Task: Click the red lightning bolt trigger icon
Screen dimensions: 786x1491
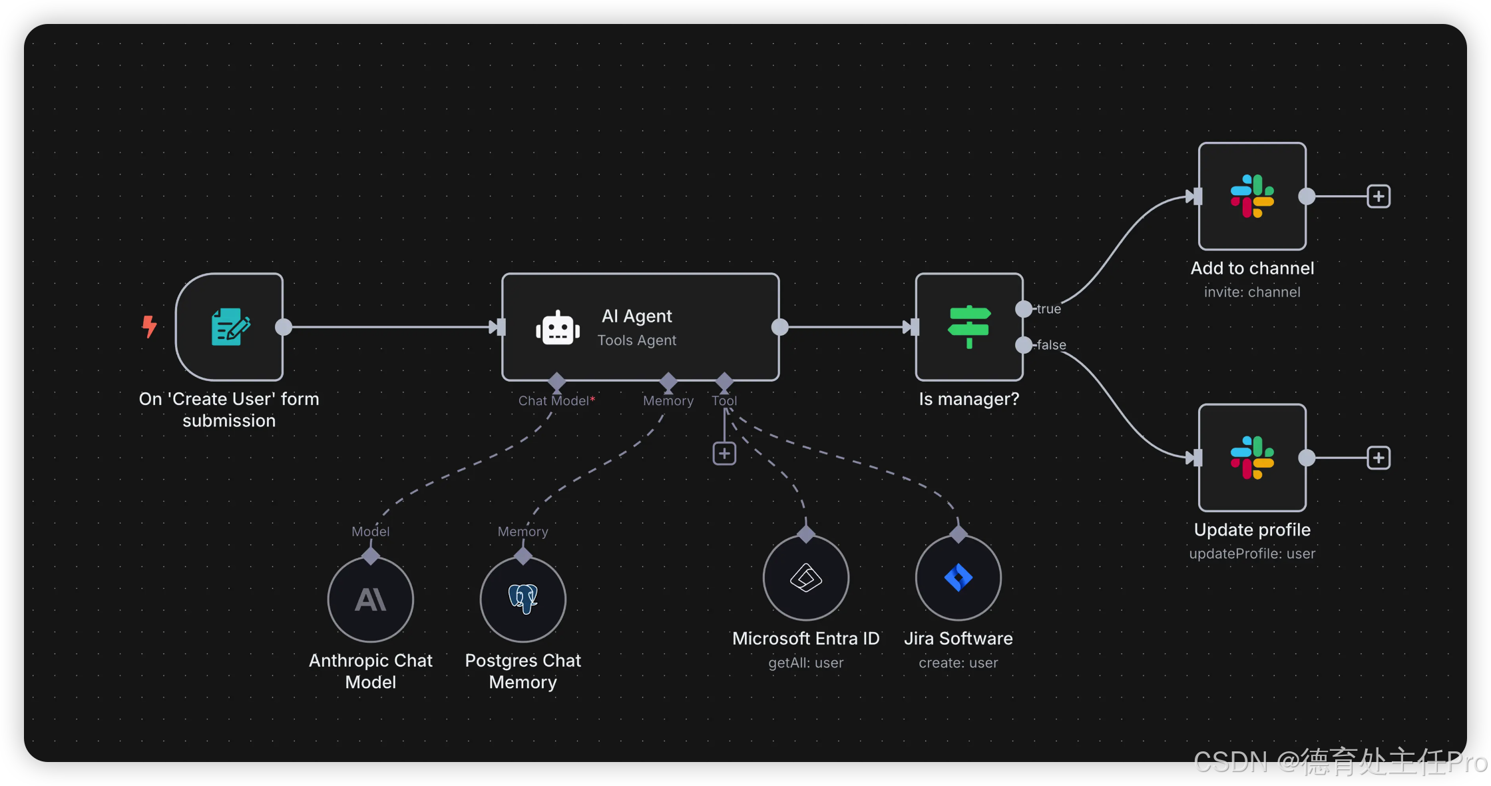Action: (150, 326)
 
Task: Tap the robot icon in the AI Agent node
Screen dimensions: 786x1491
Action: (558, 328)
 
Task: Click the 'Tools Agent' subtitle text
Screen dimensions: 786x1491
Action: (636, 340)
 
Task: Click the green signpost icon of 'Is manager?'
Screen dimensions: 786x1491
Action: (969, 326)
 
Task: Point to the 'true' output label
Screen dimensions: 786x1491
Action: (1048, 309)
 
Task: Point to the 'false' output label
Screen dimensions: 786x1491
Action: (1051, 345)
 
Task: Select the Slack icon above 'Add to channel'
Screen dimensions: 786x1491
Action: (1252, 196)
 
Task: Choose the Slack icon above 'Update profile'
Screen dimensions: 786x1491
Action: (1252, 458)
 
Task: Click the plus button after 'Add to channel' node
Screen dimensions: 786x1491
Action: (1379, 196)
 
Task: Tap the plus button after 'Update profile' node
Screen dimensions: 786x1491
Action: (1379, 458)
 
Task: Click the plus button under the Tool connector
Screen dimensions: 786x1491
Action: (724, 454)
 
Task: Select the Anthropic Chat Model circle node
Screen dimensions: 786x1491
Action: (371, 599)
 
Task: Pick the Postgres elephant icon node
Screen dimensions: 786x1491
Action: (523, 599)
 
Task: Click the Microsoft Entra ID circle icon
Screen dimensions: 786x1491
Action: (806, 578)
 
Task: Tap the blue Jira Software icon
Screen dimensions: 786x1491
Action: (958, 578)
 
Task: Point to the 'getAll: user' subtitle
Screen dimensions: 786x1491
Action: (805, 663)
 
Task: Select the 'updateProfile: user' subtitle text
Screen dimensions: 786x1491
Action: (1252, 554)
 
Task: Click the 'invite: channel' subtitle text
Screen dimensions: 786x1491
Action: (1252, 292)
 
